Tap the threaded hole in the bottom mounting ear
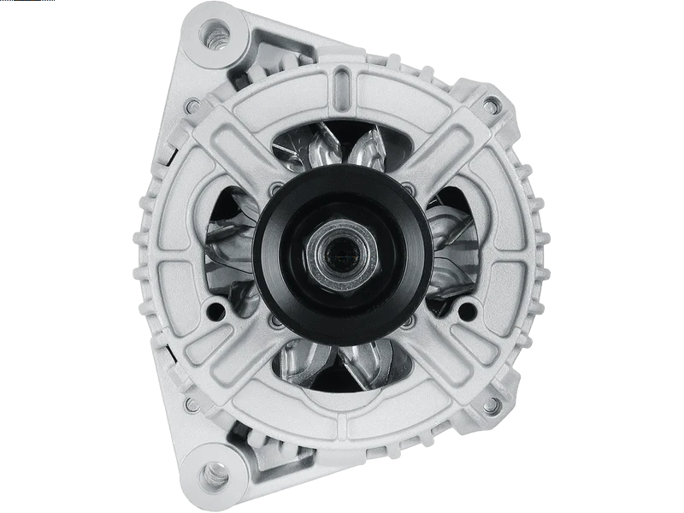(213, 472)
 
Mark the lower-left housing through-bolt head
(193, 404)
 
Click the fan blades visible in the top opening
(343, 150)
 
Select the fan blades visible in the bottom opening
(343, 363)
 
